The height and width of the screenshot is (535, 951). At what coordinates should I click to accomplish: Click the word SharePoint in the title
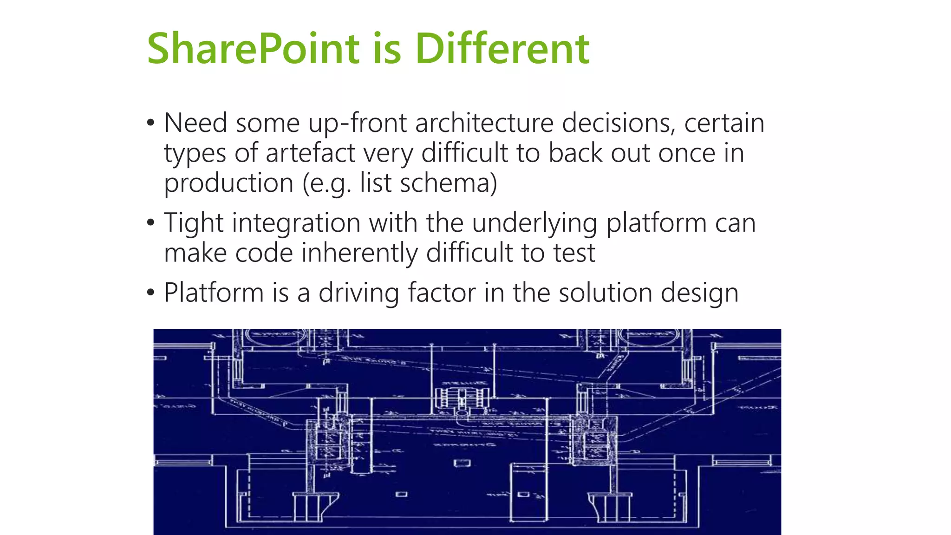point(253,49)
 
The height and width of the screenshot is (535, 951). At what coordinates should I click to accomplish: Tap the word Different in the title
point(502,49)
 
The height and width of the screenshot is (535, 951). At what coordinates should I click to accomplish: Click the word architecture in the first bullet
point(484,124)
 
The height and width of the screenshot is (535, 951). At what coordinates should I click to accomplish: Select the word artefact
point(310,153)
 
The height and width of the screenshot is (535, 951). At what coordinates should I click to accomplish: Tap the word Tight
point(194,223)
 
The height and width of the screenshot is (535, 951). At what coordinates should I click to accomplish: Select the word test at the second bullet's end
point(574,253)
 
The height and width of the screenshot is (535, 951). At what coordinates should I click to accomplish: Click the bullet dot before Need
point(150,124)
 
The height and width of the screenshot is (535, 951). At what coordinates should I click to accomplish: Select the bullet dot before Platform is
point(150,293)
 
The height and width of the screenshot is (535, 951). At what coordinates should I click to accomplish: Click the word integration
point(296,223)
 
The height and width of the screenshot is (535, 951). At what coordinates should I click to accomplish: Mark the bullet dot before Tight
point(150,223)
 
